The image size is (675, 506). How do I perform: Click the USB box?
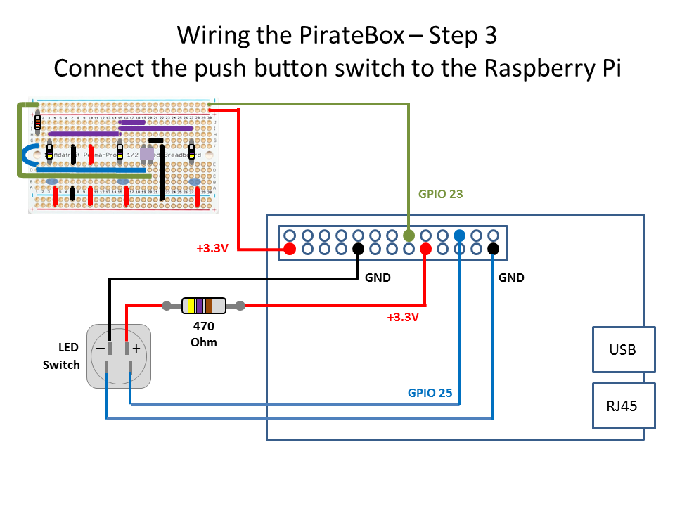coord(624,349)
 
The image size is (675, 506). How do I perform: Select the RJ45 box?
coord(624,406)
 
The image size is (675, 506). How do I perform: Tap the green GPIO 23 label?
coord(441,194)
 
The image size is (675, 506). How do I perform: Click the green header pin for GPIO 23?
coord(409,235)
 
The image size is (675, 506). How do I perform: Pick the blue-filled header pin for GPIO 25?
coord(459,235)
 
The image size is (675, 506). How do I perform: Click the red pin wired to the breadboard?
coord(290,249)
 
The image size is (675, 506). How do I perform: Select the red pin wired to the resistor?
coord(425,249)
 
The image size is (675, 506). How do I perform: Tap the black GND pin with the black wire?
coord(358,249)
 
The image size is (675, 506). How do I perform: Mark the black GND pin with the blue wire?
coord(493,249)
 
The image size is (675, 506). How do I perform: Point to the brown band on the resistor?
coord(209,306)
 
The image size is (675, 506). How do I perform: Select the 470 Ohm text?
coord(204,335)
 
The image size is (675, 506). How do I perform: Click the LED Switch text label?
coord(61,356)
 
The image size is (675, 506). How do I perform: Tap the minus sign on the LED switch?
coord(101,349)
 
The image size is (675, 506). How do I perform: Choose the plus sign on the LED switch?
coord(136,349)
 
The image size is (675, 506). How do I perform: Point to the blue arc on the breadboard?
coord(28,155)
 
